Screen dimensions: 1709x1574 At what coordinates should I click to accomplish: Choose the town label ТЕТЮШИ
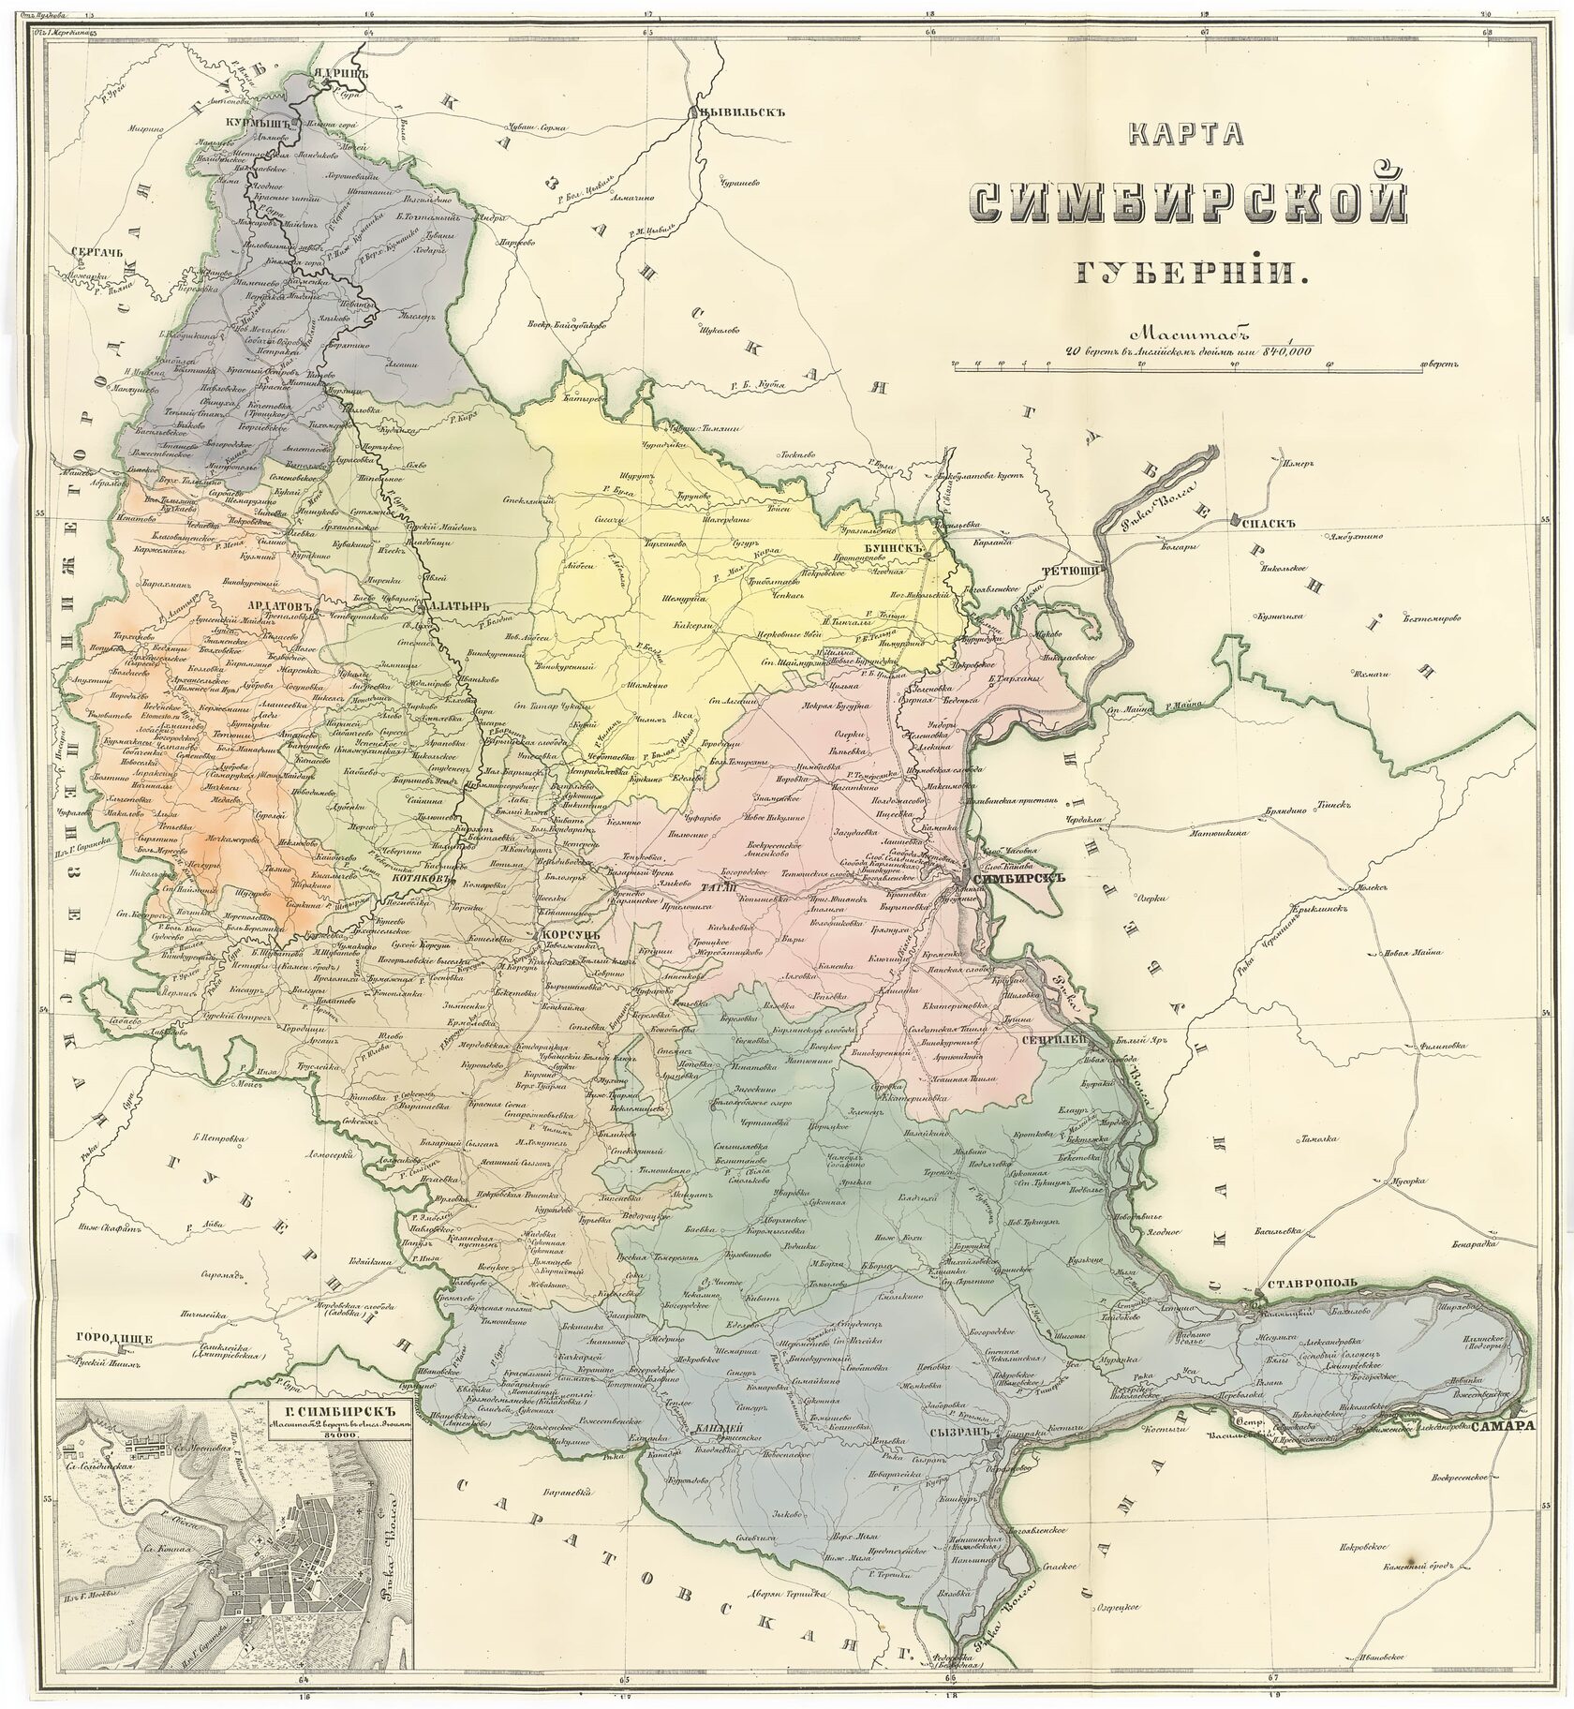[1078, 568]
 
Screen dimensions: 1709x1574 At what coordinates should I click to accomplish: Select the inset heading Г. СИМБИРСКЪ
[327, 1409]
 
